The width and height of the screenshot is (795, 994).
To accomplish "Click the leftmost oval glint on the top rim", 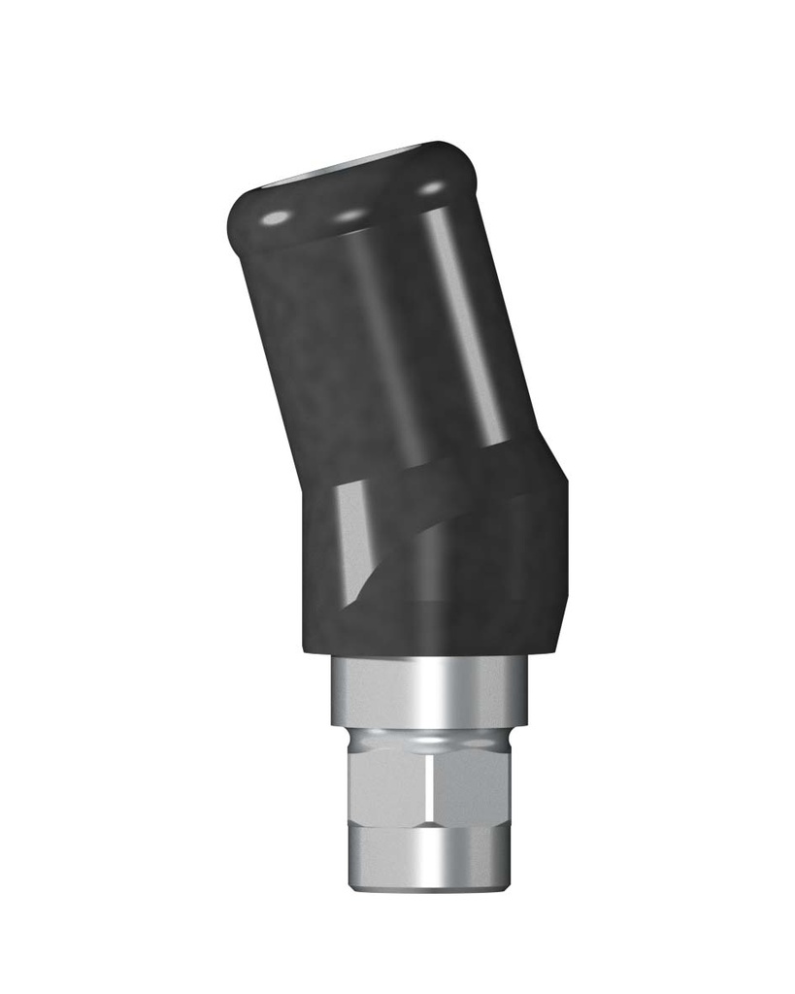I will tap(276, 217).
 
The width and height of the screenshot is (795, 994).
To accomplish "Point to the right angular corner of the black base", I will tap(563, 485).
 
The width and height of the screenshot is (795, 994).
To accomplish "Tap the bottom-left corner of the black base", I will tap(307, 650).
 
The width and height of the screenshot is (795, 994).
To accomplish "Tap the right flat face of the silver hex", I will tap(472, 786).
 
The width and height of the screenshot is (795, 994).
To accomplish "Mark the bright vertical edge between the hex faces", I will tap(431, 786).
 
